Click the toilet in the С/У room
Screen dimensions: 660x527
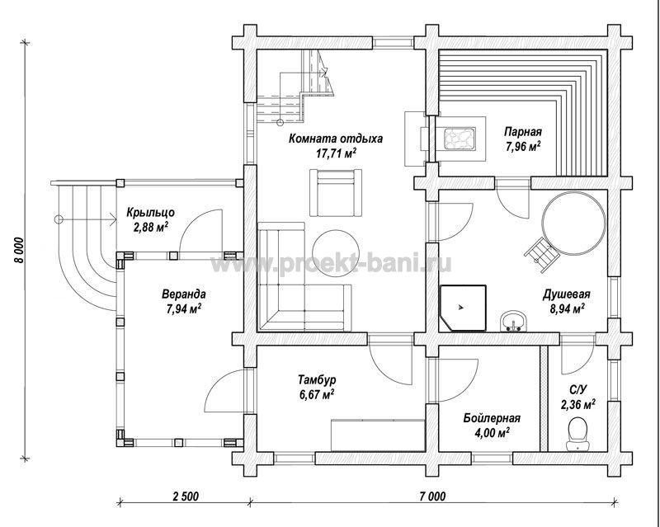coord(577,434)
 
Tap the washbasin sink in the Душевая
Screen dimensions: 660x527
coord(513,322)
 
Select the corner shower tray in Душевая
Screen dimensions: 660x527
coord(463,308)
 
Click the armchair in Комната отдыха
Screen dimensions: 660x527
coord(336,193)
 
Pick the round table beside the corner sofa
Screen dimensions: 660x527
coord(335,253)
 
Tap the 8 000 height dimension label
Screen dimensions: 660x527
coord(19,250)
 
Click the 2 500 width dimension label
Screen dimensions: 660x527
coord(185,496)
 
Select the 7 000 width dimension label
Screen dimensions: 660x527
coord(432,496)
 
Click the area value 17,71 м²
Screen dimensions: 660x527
coord(337,153)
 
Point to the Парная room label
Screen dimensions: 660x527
coord(523,132)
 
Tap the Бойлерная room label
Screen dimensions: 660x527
coord(492,418)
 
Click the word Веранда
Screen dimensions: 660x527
coord(184,294)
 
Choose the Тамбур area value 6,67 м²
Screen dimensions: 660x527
coord(317,394)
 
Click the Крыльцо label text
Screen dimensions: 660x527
coord(150,213)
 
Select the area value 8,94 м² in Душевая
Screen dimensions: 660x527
coord(567,309)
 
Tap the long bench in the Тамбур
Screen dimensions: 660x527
coord(378,435)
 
